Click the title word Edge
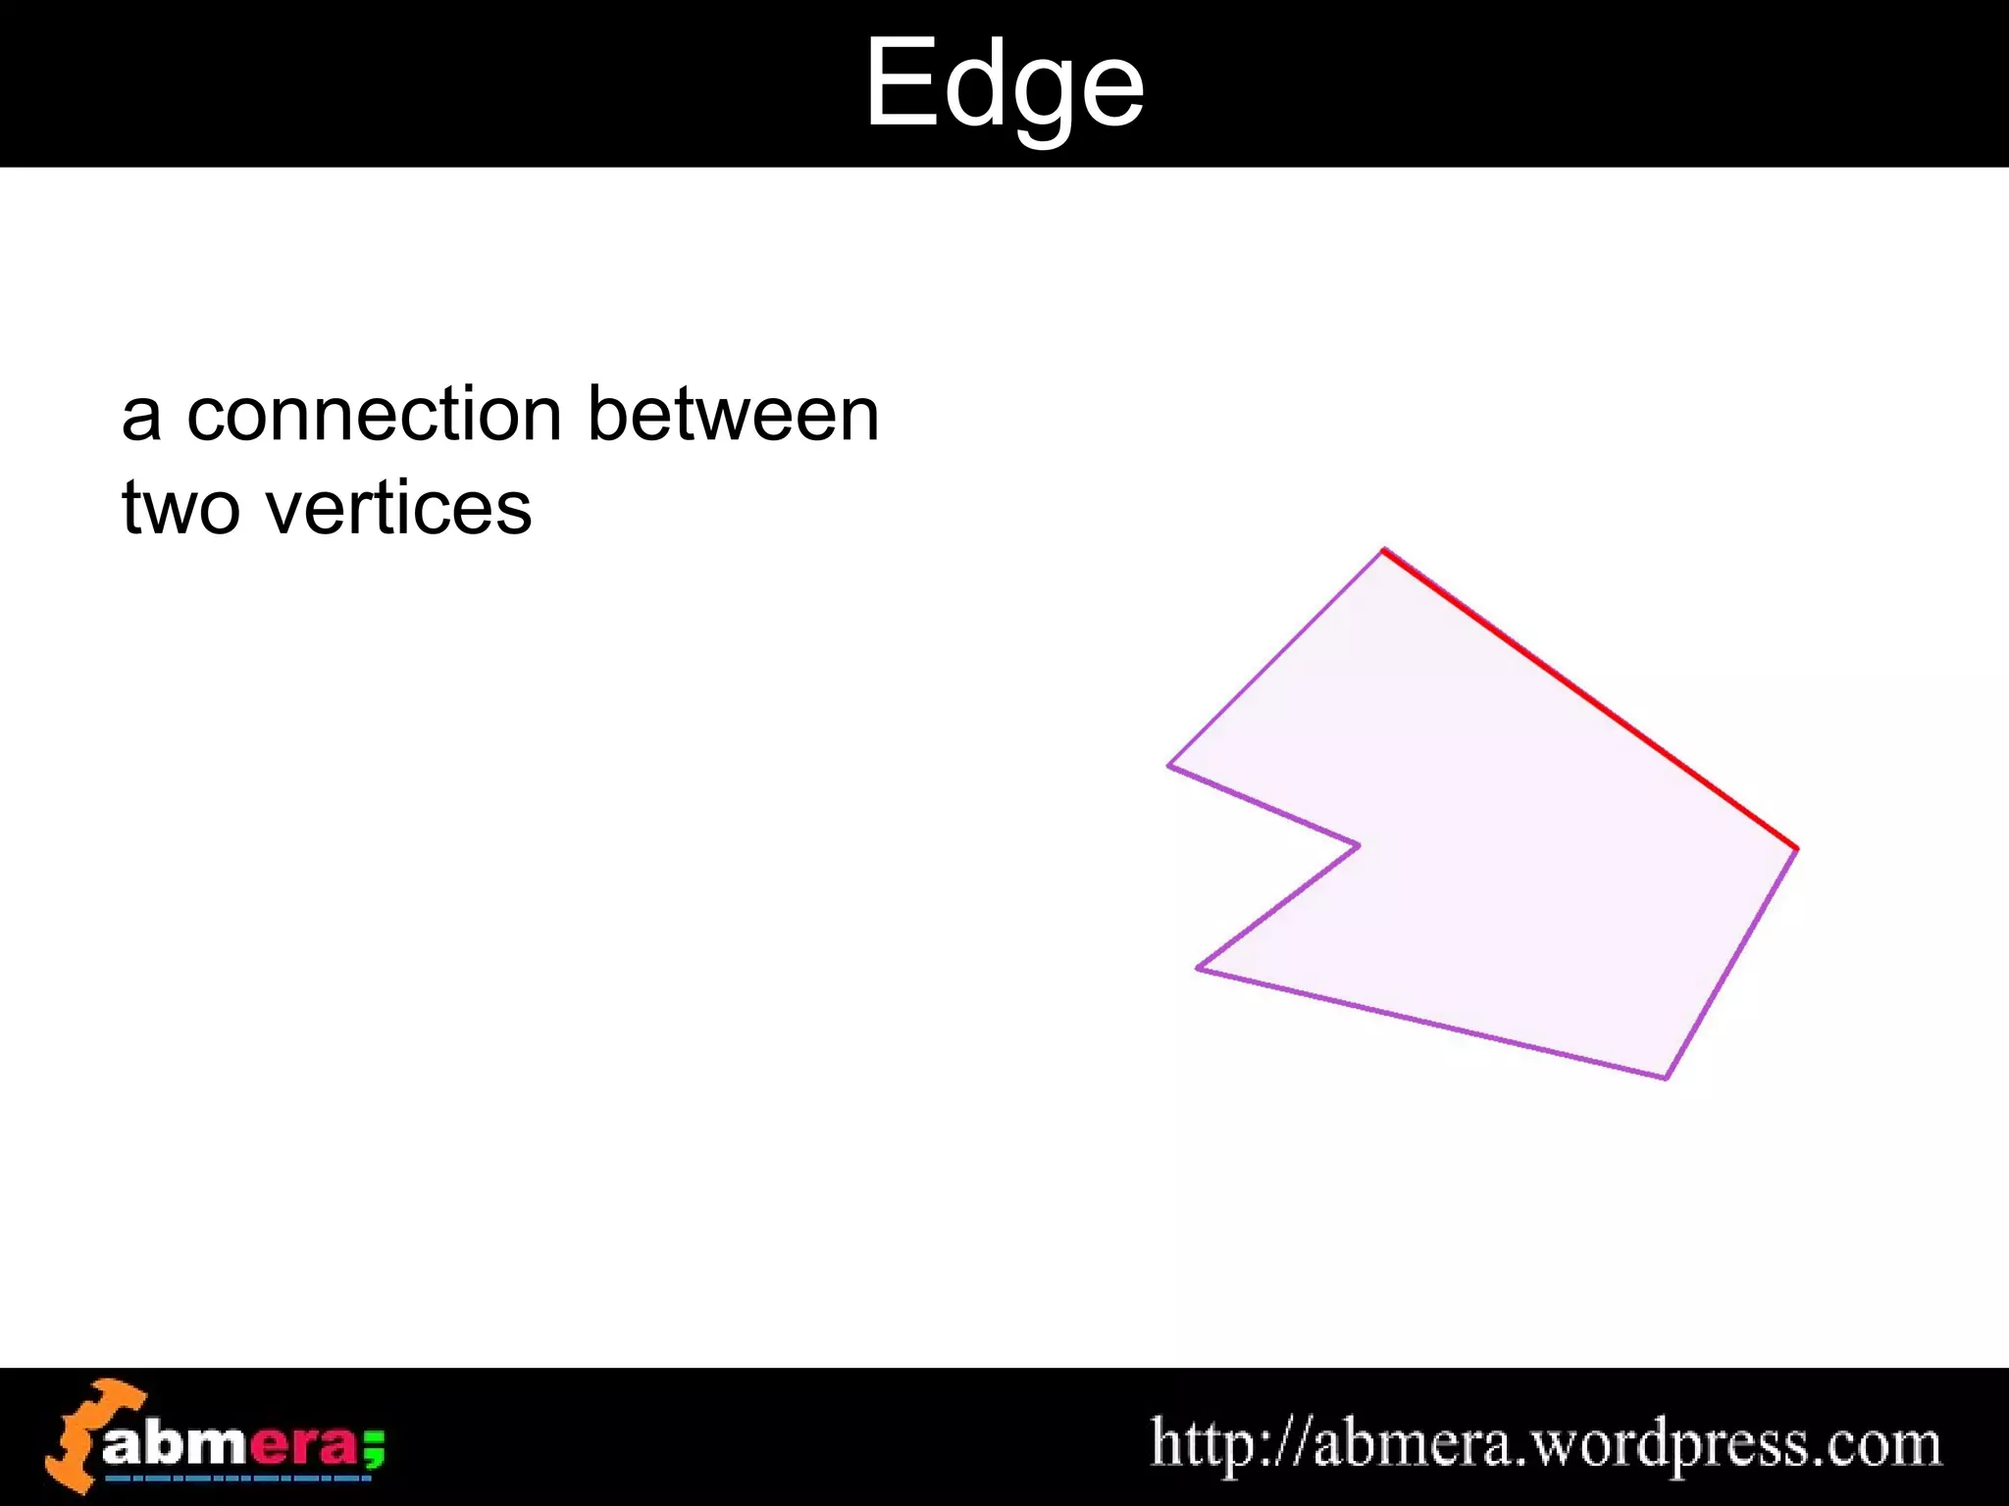pyautogui.click(x=1004, y=86)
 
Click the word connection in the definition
pyautogui.click(x=374, y=415)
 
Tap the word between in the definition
pyautogui.click(x=733, y=415)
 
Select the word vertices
pyautogui.click(x=398, y=509)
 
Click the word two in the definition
pyautogui.click(x=180, y=509)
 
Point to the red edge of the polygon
pyautogui.click(x=1589, y=698)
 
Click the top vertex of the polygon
pyautogui.click(x=1383, y=551)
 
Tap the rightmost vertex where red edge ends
pyautogui.click(x=1796, y=848)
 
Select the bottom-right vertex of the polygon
pyautogui.click(x=1666, y=1078)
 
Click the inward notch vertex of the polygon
pyautogui.click(x=1359, y=844)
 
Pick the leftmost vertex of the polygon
pyautogui.click(x=1168, y=766)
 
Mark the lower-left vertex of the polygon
pyautogui.click(x=1198, y=968)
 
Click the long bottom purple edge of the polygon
pyautogui.click(x=1432, y=1024)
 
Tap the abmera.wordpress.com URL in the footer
pyautogui.click(x=1546, y=1443)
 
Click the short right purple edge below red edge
pyautogui.click(x=1731, y=963)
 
